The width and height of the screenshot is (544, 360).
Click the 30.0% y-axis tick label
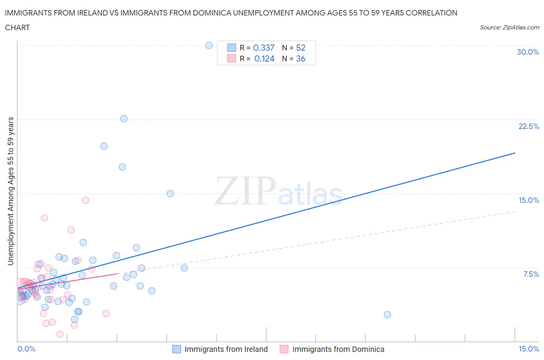coord(528,52)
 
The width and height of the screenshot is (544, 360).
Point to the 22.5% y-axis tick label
coord(529,126)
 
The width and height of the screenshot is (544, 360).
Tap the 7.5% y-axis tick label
coord(531,274)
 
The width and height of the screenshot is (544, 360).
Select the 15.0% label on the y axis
coord(529,200)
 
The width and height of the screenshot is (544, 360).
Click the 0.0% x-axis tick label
coord(26,349)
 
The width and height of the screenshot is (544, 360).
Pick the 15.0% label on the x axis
coord(529,349)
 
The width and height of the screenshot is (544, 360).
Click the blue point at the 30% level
coord(209,45)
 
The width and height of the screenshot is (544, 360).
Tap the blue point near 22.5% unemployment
coord(124,118)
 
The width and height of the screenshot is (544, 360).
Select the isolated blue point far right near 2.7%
coord(387,314)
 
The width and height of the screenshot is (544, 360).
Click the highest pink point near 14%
coord(86,200)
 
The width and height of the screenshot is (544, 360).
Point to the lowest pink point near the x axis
coord(60,334)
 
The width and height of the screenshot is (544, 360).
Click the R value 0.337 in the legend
coord(263,48)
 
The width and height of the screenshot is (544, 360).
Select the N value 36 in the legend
coord(301,58)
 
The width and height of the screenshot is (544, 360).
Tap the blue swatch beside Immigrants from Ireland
coord(176,349)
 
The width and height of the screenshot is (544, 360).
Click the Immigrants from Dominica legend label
coord(338,349)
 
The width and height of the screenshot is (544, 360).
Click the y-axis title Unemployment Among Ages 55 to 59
coord(10,191)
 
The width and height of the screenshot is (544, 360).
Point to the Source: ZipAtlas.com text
coord(509,27)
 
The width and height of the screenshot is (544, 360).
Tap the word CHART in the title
coord(17,27)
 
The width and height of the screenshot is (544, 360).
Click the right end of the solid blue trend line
coord(515,153)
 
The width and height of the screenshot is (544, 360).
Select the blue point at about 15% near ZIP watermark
coord(170,194)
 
